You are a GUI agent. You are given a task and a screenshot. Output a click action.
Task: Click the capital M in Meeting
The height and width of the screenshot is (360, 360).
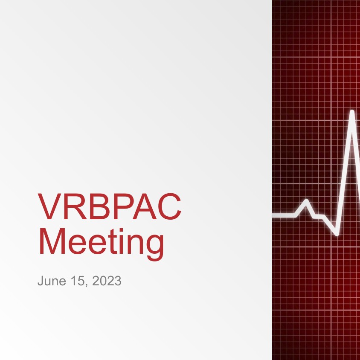pyautogui.click(x=52, y=241)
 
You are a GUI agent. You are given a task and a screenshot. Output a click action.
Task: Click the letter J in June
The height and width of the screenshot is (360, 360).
pyautogui.click(x=41, y=281)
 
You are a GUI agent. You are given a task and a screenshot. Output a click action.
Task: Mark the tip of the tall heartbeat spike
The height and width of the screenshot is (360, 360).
pyautogui.click(x=352, y=112)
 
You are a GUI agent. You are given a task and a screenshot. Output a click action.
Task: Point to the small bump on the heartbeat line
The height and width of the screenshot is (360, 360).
pyautogui.click(x=306, y=201)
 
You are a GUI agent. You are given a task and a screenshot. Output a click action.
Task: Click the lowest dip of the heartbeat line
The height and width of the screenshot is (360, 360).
pyautogui.click(x=337, y=234)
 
